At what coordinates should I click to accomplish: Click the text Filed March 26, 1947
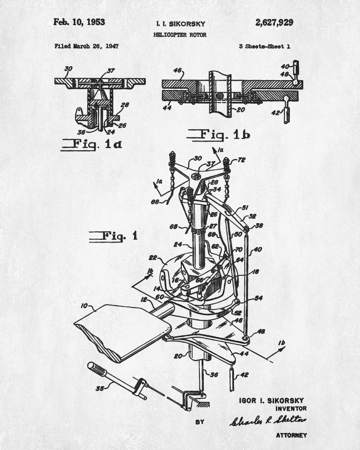click(x=86, y=46)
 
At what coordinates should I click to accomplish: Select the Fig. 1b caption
click(x=218, y=135)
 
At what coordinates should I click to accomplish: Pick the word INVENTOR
click(x=291, y=409)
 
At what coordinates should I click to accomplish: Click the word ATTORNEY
click(x=291, y=435)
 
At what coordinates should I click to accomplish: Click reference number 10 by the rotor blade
click(x=84, y=306)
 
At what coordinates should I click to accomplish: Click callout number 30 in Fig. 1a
click(x=68, y=69)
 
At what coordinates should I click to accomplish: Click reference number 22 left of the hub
click(x=153, y=258)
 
